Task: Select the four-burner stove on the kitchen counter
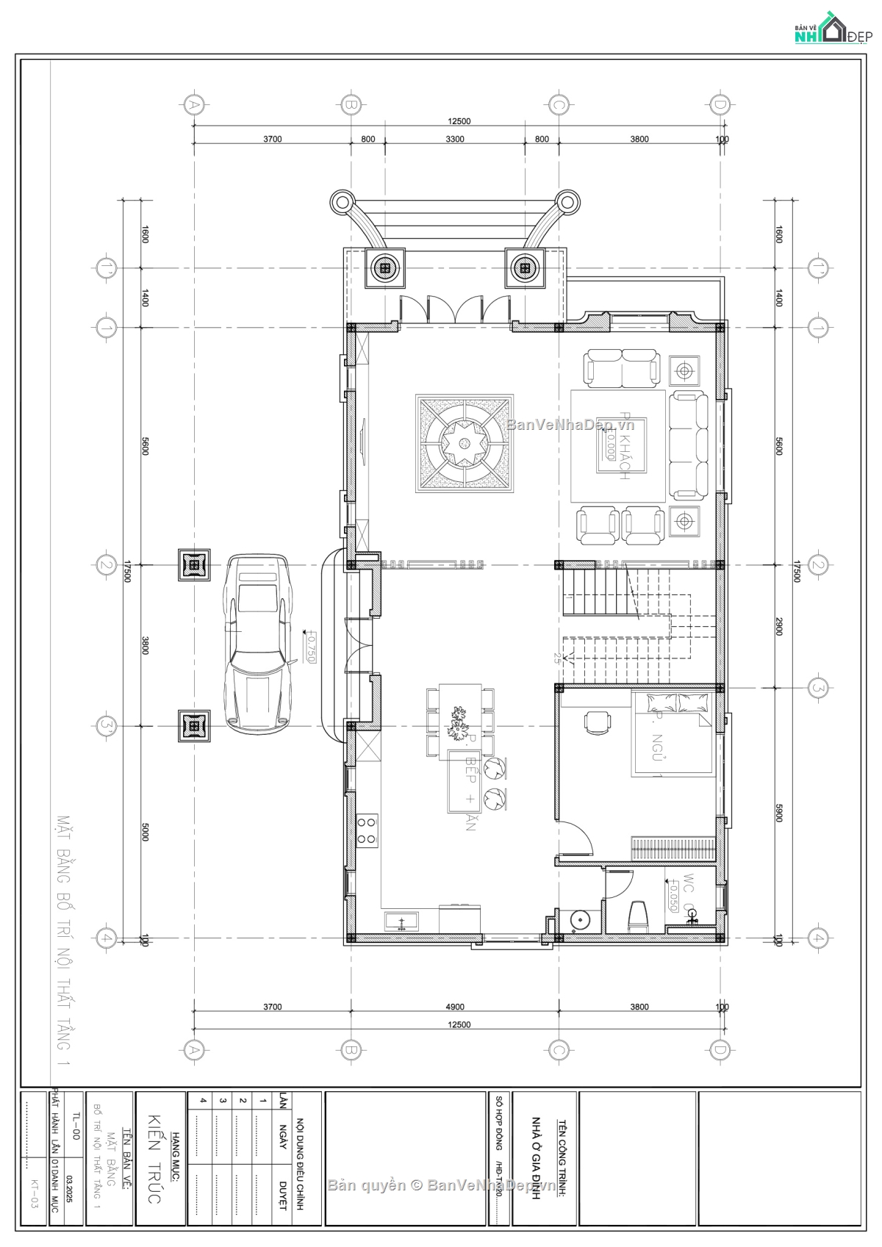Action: tap(366, 830)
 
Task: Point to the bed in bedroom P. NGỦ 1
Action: tap(673, 735)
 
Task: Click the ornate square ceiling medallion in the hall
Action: tap(465, 443)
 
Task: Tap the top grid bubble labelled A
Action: tap(194, 105)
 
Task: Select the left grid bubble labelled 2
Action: tap(106, 565)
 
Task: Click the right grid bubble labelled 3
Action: tap(818, 689)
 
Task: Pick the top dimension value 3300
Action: tap(455, 139)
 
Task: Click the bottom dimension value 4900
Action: tap(455, 1007)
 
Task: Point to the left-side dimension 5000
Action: tap(145, 832)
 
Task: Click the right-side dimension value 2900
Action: tap(779, 627)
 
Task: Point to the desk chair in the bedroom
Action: tap(597, 722)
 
